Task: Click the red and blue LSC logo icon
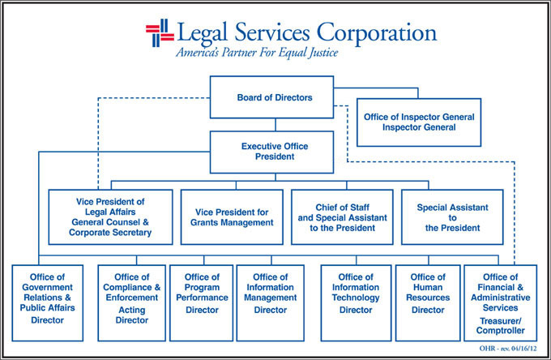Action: [x=160, y=32]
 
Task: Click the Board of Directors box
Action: [x=274, y=97]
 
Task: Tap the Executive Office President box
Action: [x=274, y=152]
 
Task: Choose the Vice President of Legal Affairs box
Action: [x=110, y=216]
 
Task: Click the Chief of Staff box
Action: [x=342, y=216]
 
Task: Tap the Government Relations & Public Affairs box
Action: [x=47, y=302]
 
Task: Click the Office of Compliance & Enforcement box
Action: [x=131, y=302]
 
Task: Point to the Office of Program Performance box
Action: [x=201, y=302]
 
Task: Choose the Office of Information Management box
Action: [x=270, y=302]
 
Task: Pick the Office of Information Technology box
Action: [x=355, y=302]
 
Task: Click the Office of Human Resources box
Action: [x=428, y=302]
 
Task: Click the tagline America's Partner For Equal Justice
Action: [x=257, y=54]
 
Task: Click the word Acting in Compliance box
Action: [x=131, y=309]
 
